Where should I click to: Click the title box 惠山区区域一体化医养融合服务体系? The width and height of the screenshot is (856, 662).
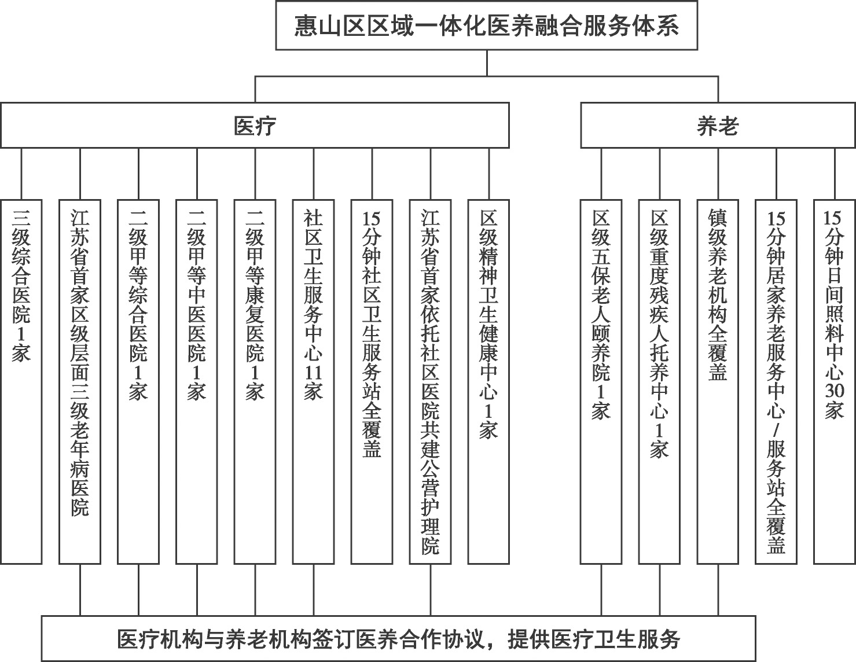tap(487, 25)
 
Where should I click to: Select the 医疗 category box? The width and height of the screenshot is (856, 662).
tap(255, 125)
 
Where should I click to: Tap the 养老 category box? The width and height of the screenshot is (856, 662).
tap(718, 125)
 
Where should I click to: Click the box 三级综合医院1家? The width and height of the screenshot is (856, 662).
tap(21, 381)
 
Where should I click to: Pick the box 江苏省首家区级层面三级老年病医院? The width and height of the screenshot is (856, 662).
tap(80, 381)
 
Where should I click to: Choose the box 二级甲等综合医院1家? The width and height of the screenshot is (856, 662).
tap(138, 381)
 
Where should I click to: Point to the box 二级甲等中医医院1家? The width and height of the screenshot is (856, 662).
tap(197, 381)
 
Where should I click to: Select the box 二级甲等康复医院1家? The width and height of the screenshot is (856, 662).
tap(255, 381)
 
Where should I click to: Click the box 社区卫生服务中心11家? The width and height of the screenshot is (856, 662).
tap(314, 381)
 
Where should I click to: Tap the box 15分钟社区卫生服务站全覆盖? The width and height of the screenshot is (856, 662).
tap(372, 381)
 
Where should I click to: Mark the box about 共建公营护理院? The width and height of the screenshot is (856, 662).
tap(430, 381)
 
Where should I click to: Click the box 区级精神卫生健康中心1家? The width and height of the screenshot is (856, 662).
tap(488, 381)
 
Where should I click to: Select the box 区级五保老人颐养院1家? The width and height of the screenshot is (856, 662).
tap(601, 381)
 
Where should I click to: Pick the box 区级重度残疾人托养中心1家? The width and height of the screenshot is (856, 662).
tap(659, 381)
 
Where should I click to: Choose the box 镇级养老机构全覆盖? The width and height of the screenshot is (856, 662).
tap(718, 381)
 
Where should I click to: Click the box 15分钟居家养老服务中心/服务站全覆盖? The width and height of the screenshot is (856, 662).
tap(776, 381)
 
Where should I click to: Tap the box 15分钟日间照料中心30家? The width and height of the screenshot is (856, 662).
tap(835, 381)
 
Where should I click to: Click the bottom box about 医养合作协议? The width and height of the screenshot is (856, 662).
tap(399, 638)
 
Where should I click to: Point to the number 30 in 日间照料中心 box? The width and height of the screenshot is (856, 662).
tap(835, 391)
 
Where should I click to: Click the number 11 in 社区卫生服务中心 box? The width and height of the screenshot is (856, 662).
tap(314, 372)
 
